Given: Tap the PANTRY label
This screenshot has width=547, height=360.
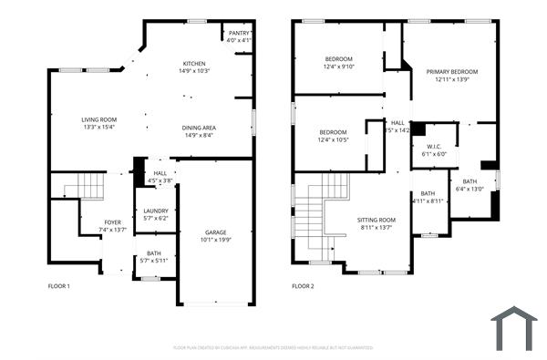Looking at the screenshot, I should (239, 32).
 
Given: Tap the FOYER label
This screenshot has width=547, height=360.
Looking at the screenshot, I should (112, 221).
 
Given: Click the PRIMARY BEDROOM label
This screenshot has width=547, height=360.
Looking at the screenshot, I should (457, 71).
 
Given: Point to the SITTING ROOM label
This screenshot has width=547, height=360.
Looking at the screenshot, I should (376, 220).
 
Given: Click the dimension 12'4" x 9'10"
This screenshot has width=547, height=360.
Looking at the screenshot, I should (339, 67).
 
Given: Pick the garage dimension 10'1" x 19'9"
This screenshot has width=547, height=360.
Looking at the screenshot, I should (215, 241).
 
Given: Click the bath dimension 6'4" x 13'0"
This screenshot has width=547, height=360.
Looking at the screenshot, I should (470, 189).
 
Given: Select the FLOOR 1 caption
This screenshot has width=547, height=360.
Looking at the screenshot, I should (58, 286).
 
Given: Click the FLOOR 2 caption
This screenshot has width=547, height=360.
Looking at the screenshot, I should (303, 286).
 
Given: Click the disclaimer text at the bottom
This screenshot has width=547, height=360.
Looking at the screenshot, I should (273, 347).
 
